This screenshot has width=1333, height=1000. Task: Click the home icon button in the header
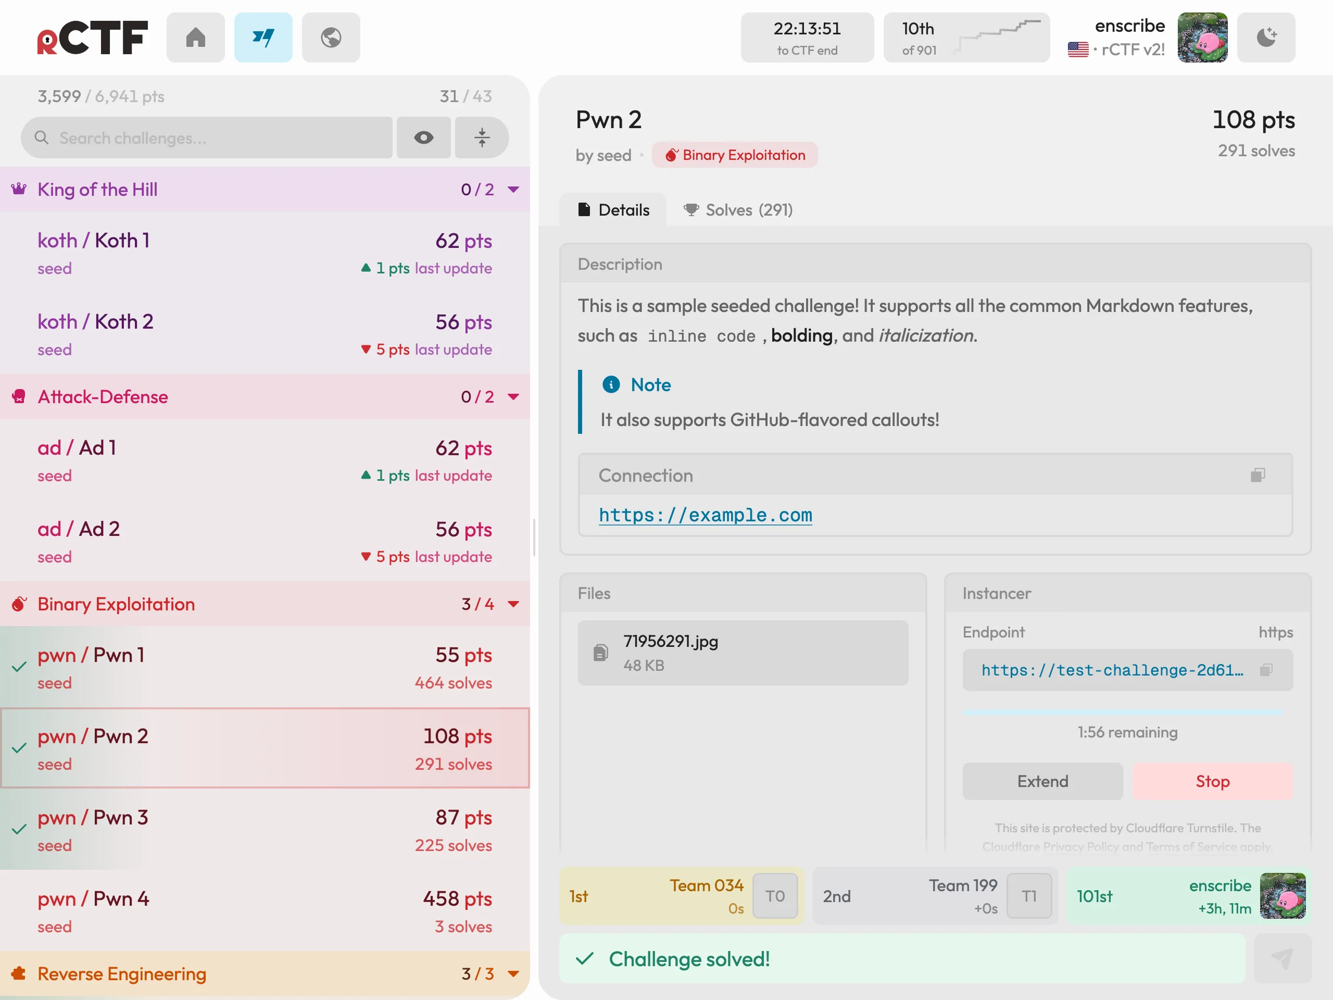tap(195, 37)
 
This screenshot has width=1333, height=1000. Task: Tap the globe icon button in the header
tap(331, 37)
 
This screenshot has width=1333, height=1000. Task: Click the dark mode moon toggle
tap(1266, 37)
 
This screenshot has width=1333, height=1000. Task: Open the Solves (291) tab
tap(738, 210)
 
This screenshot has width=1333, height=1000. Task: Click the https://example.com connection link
tap(705, 515)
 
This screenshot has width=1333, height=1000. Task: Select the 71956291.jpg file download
tap(743, 653)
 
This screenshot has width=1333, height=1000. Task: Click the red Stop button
tap(1213, 781)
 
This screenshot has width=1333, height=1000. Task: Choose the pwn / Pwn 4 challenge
tap(265, 911)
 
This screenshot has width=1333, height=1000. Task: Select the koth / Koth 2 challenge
tap(265, 334)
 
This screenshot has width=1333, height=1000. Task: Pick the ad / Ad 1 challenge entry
tap(265, 460)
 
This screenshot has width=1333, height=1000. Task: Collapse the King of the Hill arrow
tap(513, 189)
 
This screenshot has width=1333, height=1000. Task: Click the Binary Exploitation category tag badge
tap(735, 155)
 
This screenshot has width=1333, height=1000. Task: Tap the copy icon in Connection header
tap(1257, 475)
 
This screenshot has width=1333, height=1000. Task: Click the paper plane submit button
tap(1282, 958)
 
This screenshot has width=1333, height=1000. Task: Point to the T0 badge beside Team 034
tap(775, 896)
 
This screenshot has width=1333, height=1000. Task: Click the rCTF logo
tap(92, 38)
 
